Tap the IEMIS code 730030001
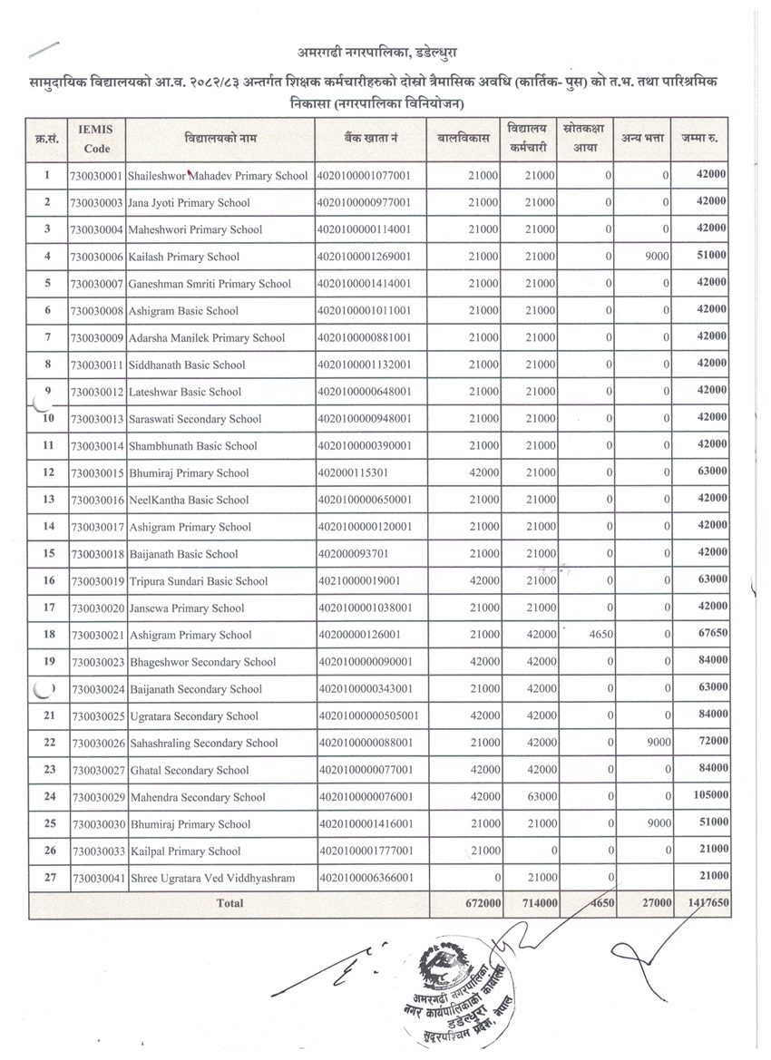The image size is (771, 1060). click(96, 176)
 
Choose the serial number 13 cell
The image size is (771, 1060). click(47, 500)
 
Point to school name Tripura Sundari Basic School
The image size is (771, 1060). click(199, 581)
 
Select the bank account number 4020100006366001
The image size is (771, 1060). click(366, 879)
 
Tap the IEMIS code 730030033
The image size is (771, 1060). click(96, 851)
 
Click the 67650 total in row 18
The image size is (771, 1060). click(709, 635)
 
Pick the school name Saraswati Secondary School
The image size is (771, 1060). click(196, 419)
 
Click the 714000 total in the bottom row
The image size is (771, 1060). click(535, 904)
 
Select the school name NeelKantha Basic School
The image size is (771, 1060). click(189, 501)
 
